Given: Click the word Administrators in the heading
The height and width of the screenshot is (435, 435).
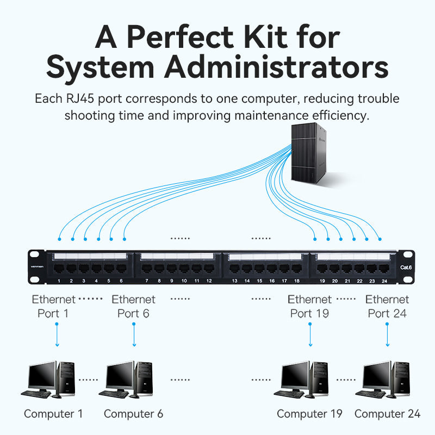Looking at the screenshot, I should point(276,68).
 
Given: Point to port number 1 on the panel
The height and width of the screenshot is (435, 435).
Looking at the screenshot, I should point(59,268).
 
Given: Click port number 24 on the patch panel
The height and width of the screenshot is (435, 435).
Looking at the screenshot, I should point(384,268).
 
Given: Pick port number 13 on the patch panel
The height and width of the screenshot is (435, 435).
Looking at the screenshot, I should point(234,268).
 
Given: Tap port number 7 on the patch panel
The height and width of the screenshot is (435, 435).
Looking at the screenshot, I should point(146,268).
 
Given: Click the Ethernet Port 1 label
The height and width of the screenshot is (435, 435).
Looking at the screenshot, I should point(53,306).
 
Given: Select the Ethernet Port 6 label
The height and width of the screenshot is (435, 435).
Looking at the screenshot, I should point(133,306).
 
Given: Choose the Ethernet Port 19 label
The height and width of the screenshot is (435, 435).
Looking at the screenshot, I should point(309,306).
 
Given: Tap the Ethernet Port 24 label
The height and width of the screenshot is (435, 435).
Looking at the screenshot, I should point(387,306).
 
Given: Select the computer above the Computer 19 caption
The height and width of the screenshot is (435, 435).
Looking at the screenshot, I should point(305,379).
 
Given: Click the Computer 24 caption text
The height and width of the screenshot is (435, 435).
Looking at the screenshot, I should point(387,414).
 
